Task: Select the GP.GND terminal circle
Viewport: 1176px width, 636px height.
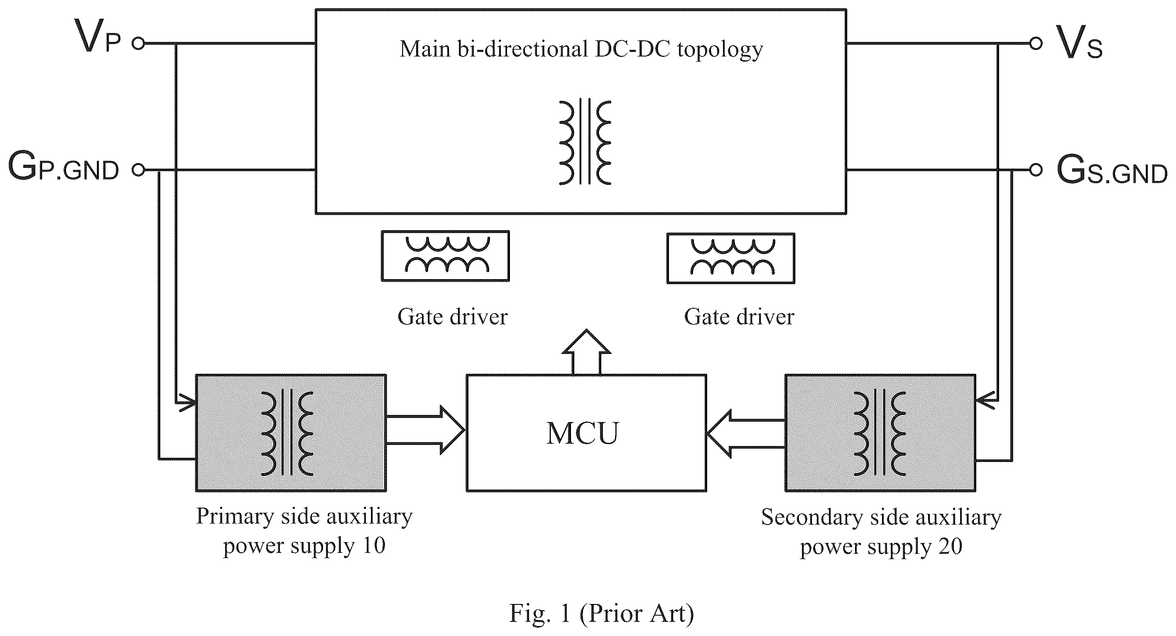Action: (x=138, y=170)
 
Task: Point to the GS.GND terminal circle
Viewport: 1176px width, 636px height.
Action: (x=1036, y=170)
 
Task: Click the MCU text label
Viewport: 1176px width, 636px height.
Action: (x=582, y=433)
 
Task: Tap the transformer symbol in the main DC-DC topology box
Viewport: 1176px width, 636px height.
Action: (x=585, y=142)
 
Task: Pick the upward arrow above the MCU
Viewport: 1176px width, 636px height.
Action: (x=586, y=352)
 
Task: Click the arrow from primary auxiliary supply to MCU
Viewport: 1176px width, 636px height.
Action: (x=426, y=430)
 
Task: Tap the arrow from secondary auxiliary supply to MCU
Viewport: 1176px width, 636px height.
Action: (x=745, y=433)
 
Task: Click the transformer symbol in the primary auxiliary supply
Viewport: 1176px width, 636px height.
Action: (x=287, y=433)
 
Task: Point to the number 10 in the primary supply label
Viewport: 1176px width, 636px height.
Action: (x=373, y=545)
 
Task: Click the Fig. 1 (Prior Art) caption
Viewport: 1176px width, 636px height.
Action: (x=601, y=613)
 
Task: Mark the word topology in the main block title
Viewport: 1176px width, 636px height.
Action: (x=720, y=50)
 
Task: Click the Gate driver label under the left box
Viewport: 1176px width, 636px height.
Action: (x=452, y=317)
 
